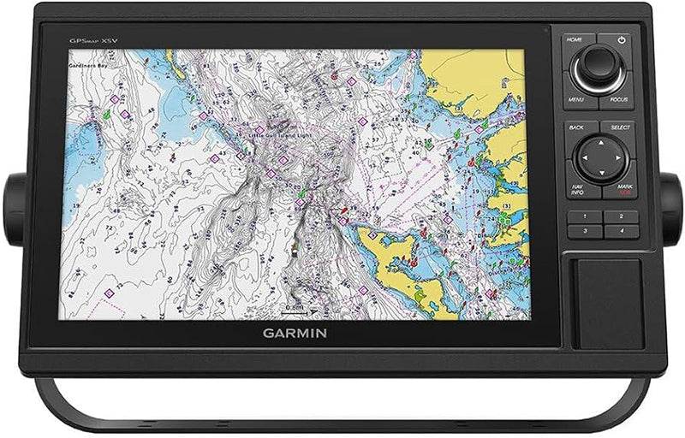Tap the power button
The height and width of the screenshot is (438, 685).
[x=619, y=41]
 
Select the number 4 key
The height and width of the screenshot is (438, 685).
[x=620, y=231]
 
